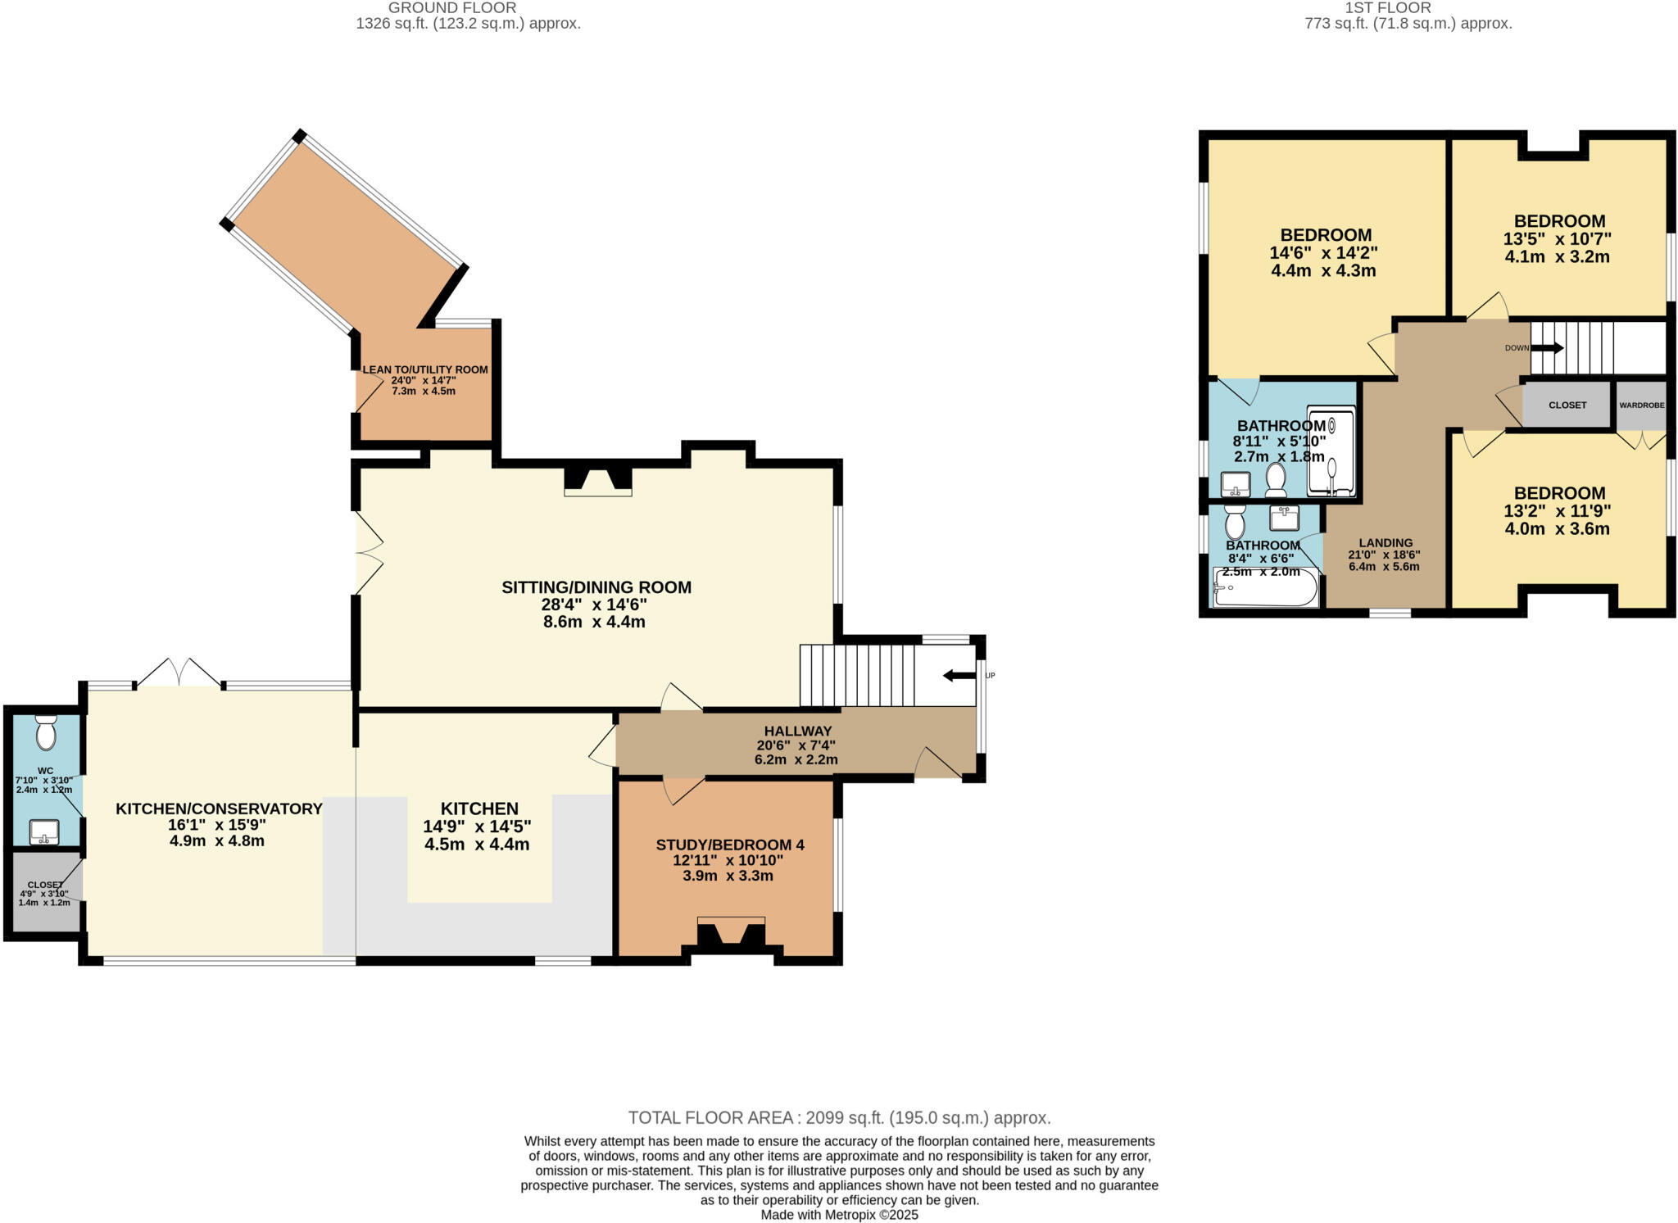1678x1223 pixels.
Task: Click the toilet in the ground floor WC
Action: pyautogui.click(x=46, y=732)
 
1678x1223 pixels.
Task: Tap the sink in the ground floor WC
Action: pyautogui.click(x=44, y=832)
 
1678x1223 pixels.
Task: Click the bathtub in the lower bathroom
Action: pyautogui.click(x=1265, y=588)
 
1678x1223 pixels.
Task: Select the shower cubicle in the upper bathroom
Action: pyautogui.click(x=1331, y=451)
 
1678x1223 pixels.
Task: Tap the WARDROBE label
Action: pyautogui.click(x=1641, y=405)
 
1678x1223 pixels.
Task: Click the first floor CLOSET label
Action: pyautogui.click(x=1567, y=405)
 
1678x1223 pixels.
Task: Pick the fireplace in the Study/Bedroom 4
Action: pyautogui.click(x=731, y=934)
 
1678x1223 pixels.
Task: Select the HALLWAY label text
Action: pyautogui.click(x=797, y=731)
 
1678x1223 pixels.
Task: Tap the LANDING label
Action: pyautogui.click(x=1385, y=542)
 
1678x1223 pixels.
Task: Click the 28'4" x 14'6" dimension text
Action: pyautogui.click(x=594, y=605)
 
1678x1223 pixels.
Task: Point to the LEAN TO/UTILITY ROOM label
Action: pyautogui.click(x=425, y=369)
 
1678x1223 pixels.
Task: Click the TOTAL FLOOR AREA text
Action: pyautogui.click(x=839, y=1117)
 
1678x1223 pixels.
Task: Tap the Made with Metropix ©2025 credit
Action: pyautogui.click(x=839, y=1215)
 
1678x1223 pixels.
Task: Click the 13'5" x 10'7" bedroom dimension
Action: pyautogui.click(x=1557, y=239)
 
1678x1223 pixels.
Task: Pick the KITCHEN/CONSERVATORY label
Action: pyautogui.click(x=219, y=809)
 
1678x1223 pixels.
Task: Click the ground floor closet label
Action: pyautogui.click(x=44, y=885)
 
